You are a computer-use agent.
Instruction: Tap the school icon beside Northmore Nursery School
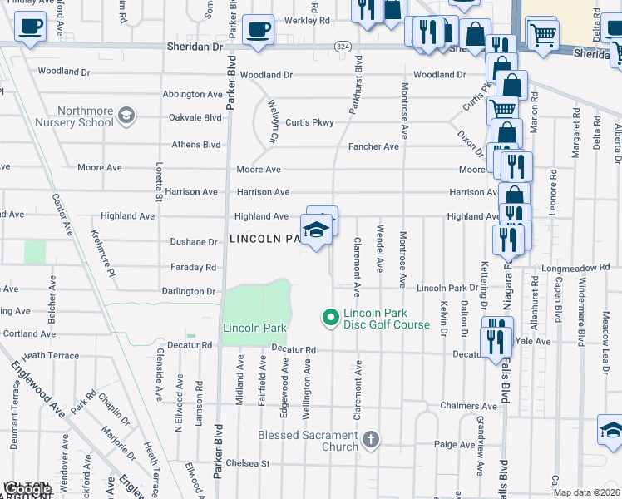tap(126, 114)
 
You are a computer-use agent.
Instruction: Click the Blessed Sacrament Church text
tap(308, 441)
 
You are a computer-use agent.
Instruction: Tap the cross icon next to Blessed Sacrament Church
tap(371, 438)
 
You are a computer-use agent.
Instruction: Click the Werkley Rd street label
tap(307, 19)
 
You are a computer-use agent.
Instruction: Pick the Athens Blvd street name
tap(196, 145)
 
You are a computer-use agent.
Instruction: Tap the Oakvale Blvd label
tap(196, 118)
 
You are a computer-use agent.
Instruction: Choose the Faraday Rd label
tap(193, 268)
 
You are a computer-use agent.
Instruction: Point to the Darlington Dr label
tap(189, 292)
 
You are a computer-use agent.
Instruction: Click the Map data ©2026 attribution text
tap(586, 492)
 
